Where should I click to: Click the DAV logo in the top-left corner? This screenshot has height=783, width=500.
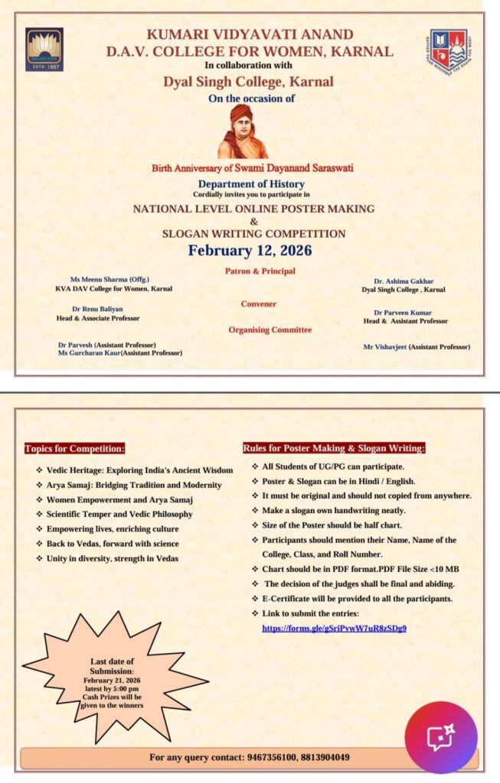click(44, 50)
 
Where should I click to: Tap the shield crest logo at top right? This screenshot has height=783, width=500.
click(449, 49)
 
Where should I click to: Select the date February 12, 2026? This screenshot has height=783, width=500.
click(250, 250)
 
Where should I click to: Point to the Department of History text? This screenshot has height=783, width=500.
click(250, 184)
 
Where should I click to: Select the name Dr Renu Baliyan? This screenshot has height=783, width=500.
click(97, 309)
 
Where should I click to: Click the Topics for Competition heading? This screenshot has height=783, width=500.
click(74, 449)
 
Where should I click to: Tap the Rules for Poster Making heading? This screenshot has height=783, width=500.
click(334, 448)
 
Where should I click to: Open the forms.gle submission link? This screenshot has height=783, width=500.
click(334, 628)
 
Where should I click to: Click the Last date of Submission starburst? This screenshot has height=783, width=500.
click(113, 683)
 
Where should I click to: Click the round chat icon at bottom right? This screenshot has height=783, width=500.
click(440, 737)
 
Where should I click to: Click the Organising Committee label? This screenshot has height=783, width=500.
click(259, 330)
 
